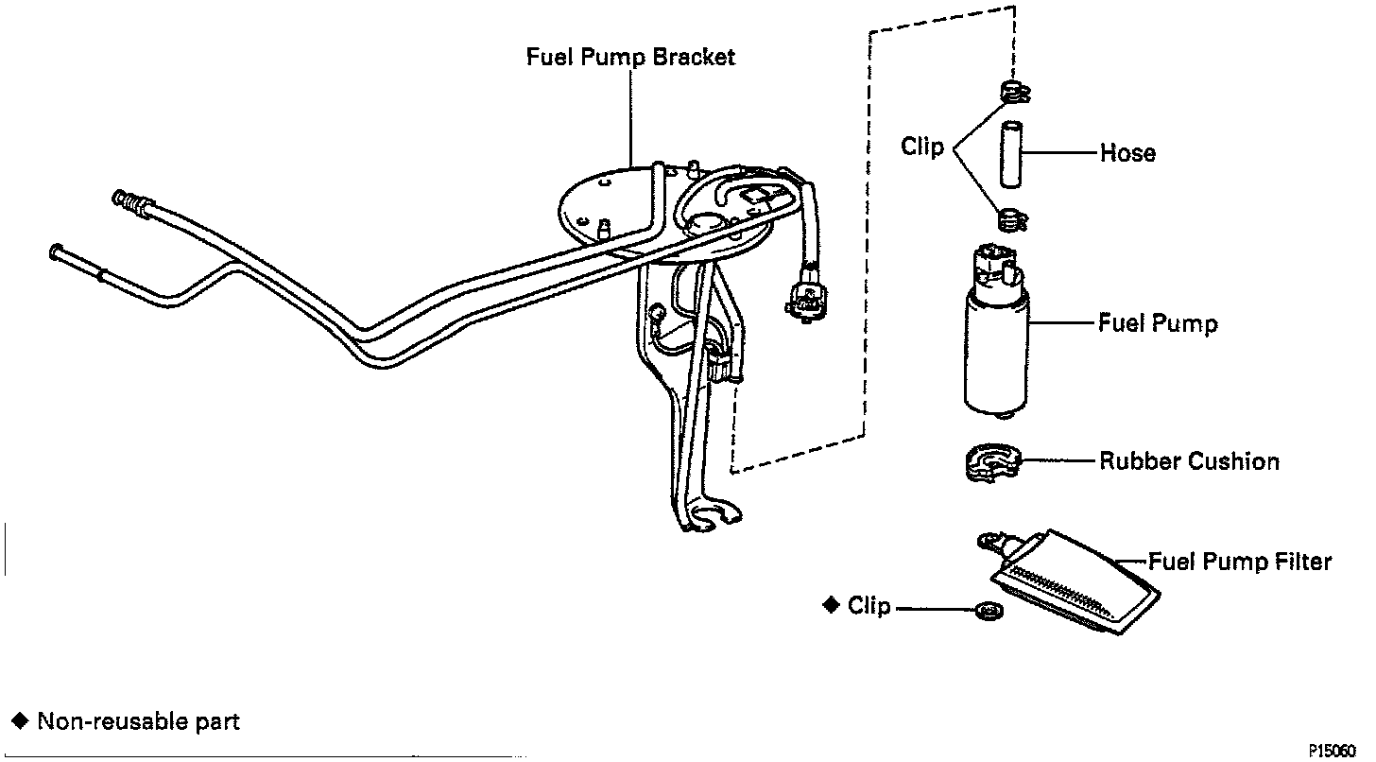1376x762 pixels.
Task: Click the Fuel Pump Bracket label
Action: pyautogui.click(x=630, y=58)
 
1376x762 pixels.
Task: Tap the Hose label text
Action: pyautogui.click(x=1127, y=153)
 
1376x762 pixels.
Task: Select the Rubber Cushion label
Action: pyautogui.click(x=1189, y=461)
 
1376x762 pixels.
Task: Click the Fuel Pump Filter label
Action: pyautogui.click(x=1240, y=562)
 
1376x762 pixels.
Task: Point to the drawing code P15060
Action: pyautogui.click(x=1339, y=750)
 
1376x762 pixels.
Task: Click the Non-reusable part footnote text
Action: pyautogui.click(x=138, y=722)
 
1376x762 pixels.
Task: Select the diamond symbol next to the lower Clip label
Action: pyautogui.click(x=832, y=605)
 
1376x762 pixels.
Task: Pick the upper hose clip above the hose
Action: pyautogui.click(x=1013, y=93)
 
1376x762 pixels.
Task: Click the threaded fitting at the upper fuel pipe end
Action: pyautogui.click(x=130, y=200)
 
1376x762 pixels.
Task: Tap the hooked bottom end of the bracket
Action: pyautogui.click(x=711, y=515)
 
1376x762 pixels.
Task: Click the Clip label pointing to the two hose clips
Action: pyautogui.click(x=921, y=147)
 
